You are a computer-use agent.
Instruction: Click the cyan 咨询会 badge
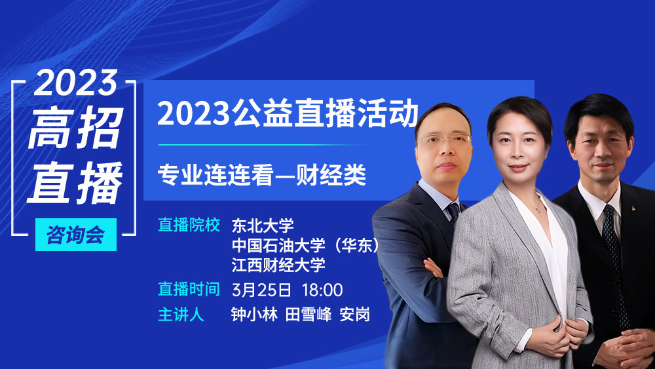pyautogui.click(x=75, y=235)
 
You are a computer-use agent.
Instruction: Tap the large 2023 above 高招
pyautogui.click(x=76, y=83)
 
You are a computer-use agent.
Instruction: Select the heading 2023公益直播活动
pyautogui.click(x=288, y=113)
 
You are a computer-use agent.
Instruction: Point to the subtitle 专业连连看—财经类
pyautogui.click(x=262, y=175)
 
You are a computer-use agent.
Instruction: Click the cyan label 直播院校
pyautogui.click(x=189, y=225)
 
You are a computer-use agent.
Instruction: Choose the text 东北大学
pyautogui.click(x=263, y=225)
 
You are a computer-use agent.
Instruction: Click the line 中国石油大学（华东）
pyautogui.click(x=305, y=246)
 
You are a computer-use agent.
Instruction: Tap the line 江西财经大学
pyautogui.click(x=278, y=265)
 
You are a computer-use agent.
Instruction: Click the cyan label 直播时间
pyautogui.click(x=189, y=289)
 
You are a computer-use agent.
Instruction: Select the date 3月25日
pyautogui.click(x=261, y=290)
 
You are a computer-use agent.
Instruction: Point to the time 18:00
pyautogui.click(x=322, y=290)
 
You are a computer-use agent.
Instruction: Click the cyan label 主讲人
pyautogui.click(x=181, y=315)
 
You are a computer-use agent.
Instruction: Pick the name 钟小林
pyautogui.click(x=254, y=315)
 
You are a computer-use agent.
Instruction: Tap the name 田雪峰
pyautogui.click(x=309, y=315)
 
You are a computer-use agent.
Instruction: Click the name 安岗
pyautogui.click(x=354, y=315)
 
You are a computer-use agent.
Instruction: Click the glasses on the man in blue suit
pyautogui.click(x=445, y=140)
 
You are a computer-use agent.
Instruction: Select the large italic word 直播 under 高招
pyautogui.click(x=75, y=182)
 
